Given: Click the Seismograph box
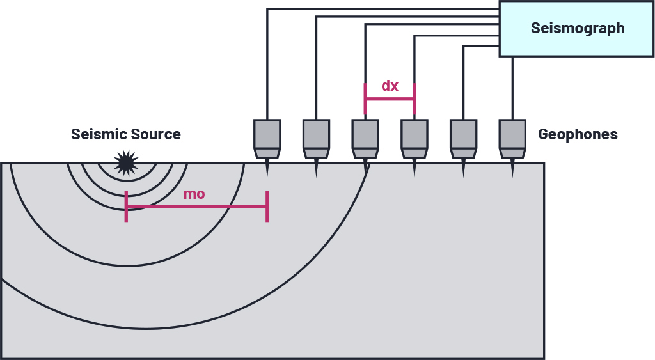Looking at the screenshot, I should (x=578, y=28).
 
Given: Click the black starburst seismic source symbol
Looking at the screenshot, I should (x=126, y=162).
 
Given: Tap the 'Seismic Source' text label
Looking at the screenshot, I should (x=125, y=135).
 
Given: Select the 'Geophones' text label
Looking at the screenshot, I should (x=578, y=135).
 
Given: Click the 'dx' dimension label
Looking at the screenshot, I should (x=390, y=86).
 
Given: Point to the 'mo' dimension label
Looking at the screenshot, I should (x=194, y=194).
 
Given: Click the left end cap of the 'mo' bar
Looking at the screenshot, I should (x=126, y=206).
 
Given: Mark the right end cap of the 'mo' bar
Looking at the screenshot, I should (x=267, y=206).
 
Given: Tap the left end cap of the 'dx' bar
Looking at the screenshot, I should (x=365, y=99).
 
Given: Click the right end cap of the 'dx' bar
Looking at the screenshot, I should (x=414, y=99).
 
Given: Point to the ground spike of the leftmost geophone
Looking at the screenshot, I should (x=267, y=168).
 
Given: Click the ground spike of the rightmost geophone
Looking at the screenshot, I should (x=512, y=168).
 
